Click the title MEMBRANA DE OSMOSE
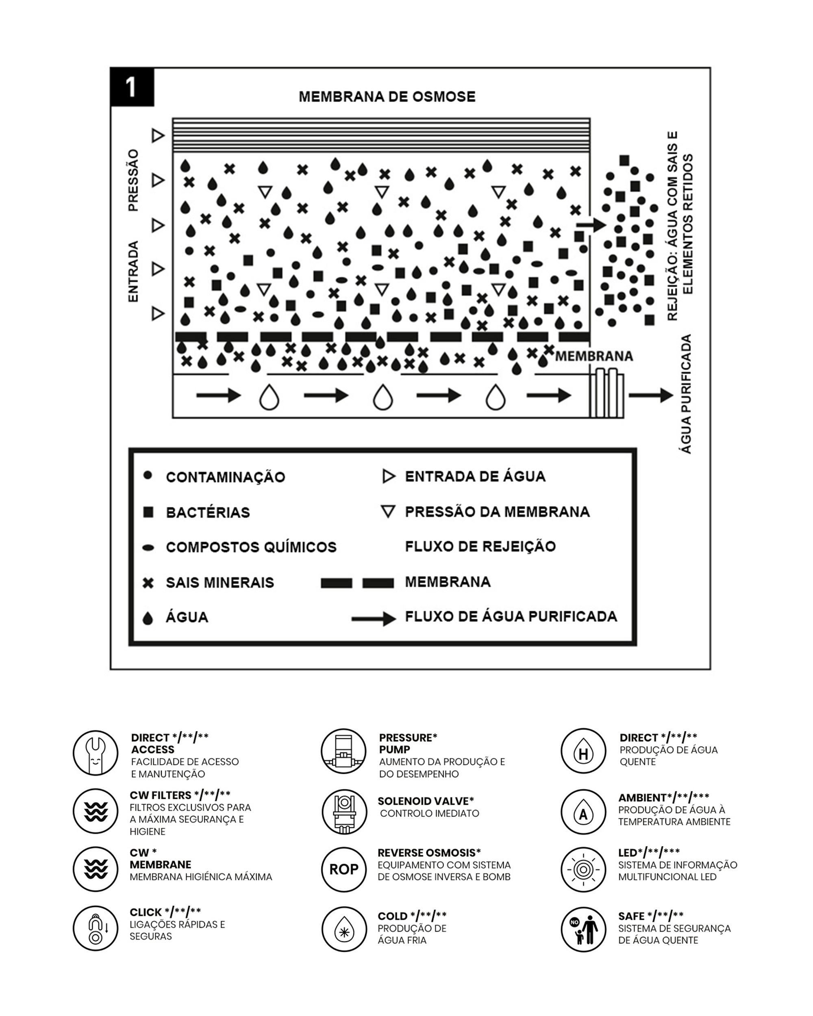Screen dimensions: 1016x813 [387, 97]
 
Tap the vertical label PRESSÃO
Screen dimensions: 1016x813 [134, 180]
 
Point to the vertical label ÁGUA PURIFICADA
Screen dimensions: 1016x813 [686, 394]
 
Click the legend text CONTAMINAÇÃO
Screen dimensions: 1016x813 [225, 477]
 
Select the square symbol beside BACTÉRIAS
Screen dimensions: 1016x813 [148, 512]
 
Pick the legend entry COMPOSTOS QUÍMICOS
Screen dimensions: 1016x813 [251, 547]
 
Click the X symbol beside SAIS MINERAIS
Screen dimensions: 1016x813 [148, 583]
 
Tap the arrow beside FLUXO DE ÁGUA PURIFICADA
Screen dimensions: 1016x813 [374, 618]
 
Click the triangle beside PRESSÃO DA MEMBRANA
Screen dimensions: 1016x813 [388, 512]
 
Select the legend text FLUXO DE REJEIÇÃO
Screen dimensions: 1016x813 [480, 547]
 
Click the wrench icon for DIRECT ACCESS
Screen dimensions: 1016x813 [96, 753]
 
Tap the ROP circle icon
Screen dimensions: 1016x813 [344, 869]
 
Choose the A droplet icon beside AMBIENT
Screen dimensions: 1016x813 [583, 812]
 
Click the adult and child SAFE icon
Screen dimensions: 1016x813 [583, 930]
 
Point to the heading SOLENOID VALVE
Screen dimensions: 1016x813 [426, 801]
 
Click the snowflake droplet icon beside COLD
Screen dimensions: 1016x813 [344, 930]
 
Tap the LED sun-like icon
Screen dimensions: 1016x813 [583, 869]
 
